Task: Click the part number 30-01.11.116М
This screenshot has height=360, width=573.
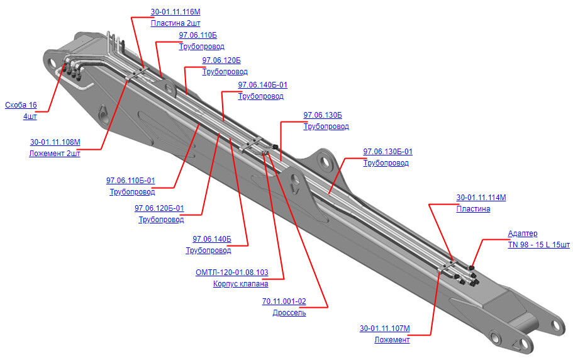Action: pyautogui.click(x=175, y=12)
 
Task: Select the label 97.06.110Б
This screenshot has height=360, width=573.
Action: pyautogui.click(x=197, y=35)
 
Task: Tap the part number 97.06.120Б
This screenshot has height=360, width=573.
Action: pyautogui.click(x=221, y=60)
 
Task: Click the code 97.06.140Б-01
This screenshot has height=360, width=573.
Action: pyautogui.click(x=263, y=85)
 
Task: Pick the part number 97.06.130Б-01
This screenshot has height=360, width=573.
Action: pyautogui.click(x=387, y=151)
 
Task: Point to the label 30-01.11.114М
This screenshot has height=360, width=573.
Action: pyautogui.click(x=481, y=198)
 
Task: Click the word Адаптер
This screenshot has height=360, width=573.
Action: pyautogui.click(x=523, y=233)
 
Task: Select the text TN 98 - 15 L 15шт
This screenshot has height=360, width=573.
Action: pyautogui.click(x=538, y=244)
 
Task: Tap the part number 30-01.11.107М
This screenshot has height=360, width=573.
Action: pyautogui.click(x=385, y=328)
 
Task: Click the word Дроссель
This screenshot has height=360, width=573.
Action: pyautogui.click(x=289, y=313)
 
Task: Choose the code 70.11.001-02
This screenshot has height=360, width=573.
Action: pyautogui.click(x=284, y=301)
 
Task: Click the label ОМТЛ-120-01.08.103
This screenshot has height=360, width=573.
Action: pyautogui.click(x=231, y=273)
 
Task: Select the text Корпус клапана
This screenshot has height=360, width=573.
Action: pyautogui.click(x=240, y=284)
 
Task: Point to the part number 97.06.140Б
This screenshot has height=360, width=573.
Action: pyautogui.click(x=212, y=239)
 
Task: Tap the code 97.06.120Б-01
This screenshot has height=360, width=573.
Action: pyautogui.click(x=159, y=208)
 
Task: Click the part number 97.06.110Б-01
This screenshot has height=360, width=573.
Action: pyautogui.click(x=130, y=181)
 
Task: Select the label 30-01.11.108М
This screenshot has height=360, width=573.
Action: pyautogui.click(x=55, y=142)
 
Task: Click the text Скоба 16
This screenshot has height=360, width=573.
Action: pyautogui.click(x=21, y=105)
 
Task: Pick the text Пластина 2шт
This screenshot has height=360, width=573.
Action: pyautogui.click(x=175, y=23)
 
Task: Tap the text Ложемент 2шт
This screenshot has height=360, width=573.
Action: pyautogui.click(x=55, y=154)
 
